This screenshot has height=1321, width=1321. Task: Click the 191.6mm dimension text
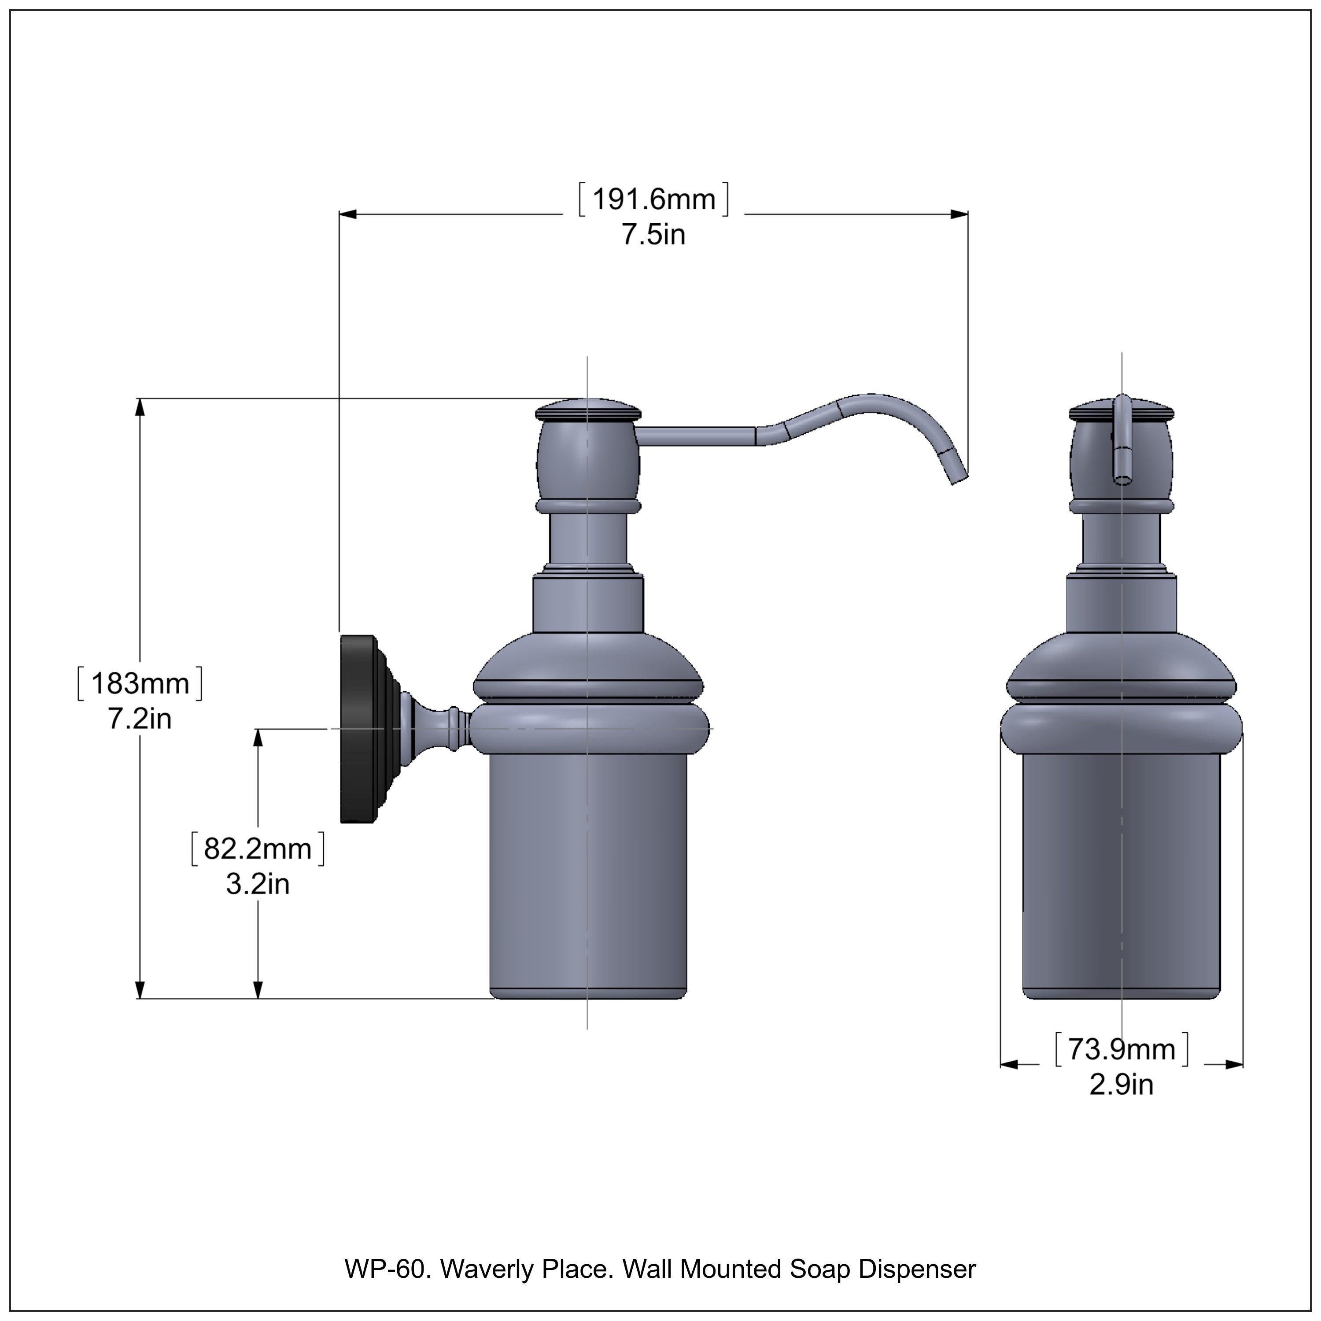(653, 199)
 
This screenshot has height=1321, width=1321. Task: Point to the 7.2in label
(140, 720)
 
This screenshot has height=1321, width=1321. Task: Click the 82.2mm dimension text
(257, 849)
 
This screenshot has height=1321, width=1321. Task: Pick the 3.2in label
(257, 885)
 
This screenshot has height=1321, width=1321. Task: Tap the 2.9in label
(1122, 1085)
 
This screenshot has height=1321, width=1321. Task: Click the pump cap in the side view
(588, 411)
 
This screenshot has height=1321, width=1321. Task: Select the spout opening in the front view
(1122, 479)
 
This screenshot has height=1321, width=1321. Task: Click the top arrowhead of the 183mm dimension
(140, 407)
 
